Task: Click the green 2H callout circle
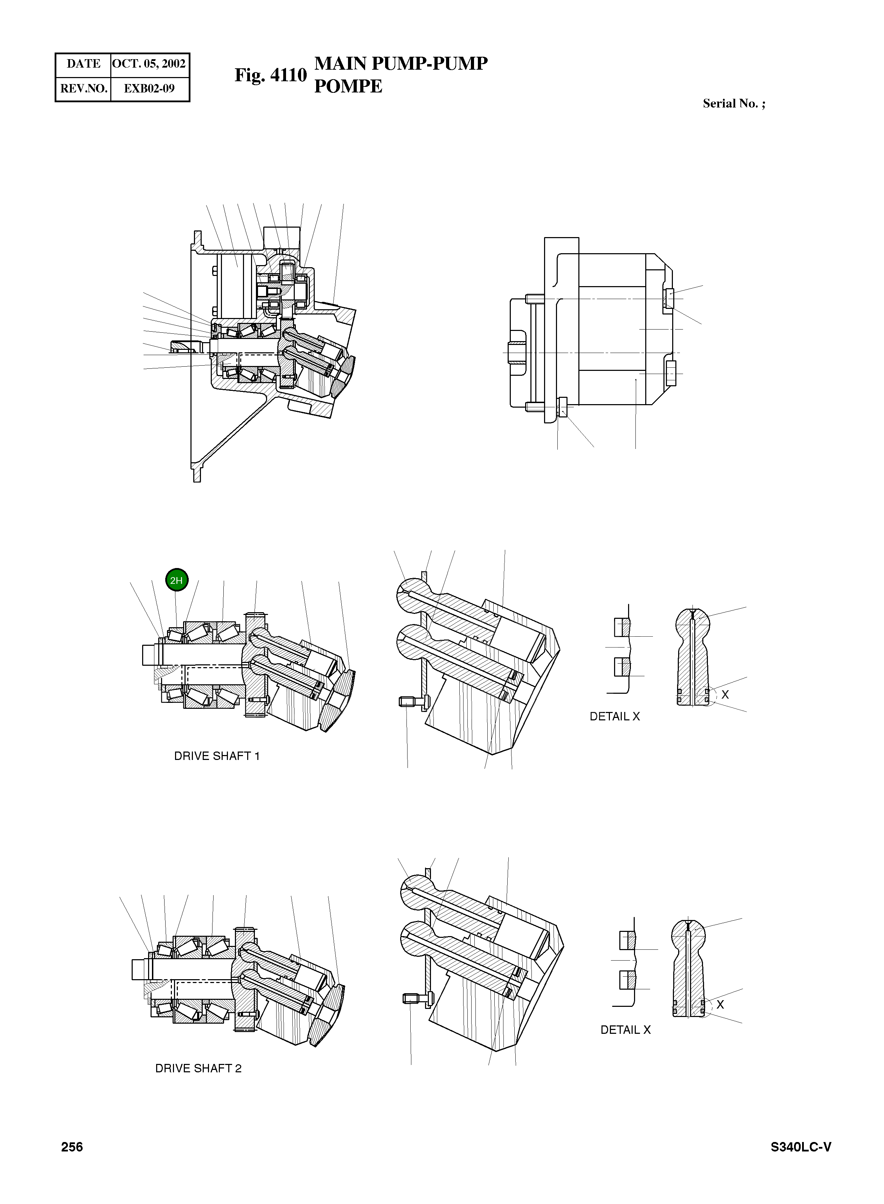coord(176,580)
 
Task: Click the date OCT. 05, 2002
coord(149,64)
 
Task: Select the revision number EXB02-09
coord(149,88)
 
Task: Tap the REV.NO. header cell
coord(83,88)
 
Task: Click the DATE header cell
coord(83,64)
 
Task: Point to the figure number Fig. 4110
coord(271,75)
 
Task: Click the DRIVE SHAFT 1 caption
coord(217,756)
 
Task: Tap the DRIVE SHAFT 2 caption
coord(198,1068)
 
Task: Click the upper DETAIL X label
coord(614,717)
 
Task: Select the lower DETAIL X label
coord(625,1030)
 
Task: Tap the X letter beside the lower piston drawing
coord(720,1005)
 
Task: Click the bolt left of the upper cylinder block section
coord(411,701)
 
